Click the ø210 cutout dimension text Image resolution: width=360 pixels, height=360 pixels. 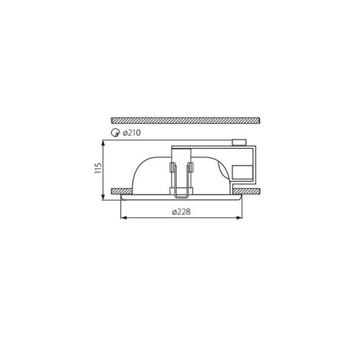click(x=131, y=133)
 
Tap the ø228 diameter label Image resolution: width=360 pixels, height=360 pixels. click(x=181, y=212)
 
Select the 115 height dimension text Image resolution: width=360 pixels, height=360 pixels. click(x=98, y=168)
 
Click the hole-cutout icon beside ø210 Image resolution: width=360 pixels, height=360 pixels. click(x=115, y=133)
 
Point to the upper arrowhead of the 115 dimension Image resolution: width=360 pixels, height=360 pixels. click(x=103, y=143)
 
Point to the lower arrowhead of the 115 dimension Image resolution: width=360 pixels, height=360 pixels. click(x=103, y=197)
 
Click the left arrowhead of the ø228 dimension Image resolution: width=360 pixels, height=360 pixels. click(x=124, y=217)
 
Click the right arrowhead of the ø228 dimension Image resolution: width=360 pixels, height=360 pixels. click(x=239, y=217)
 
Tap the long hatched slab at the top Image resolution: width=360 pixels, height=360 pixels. click(x=185, y=121)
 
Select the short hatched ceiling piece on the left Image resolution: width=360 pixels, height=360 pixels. click(x=122, y=191)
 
